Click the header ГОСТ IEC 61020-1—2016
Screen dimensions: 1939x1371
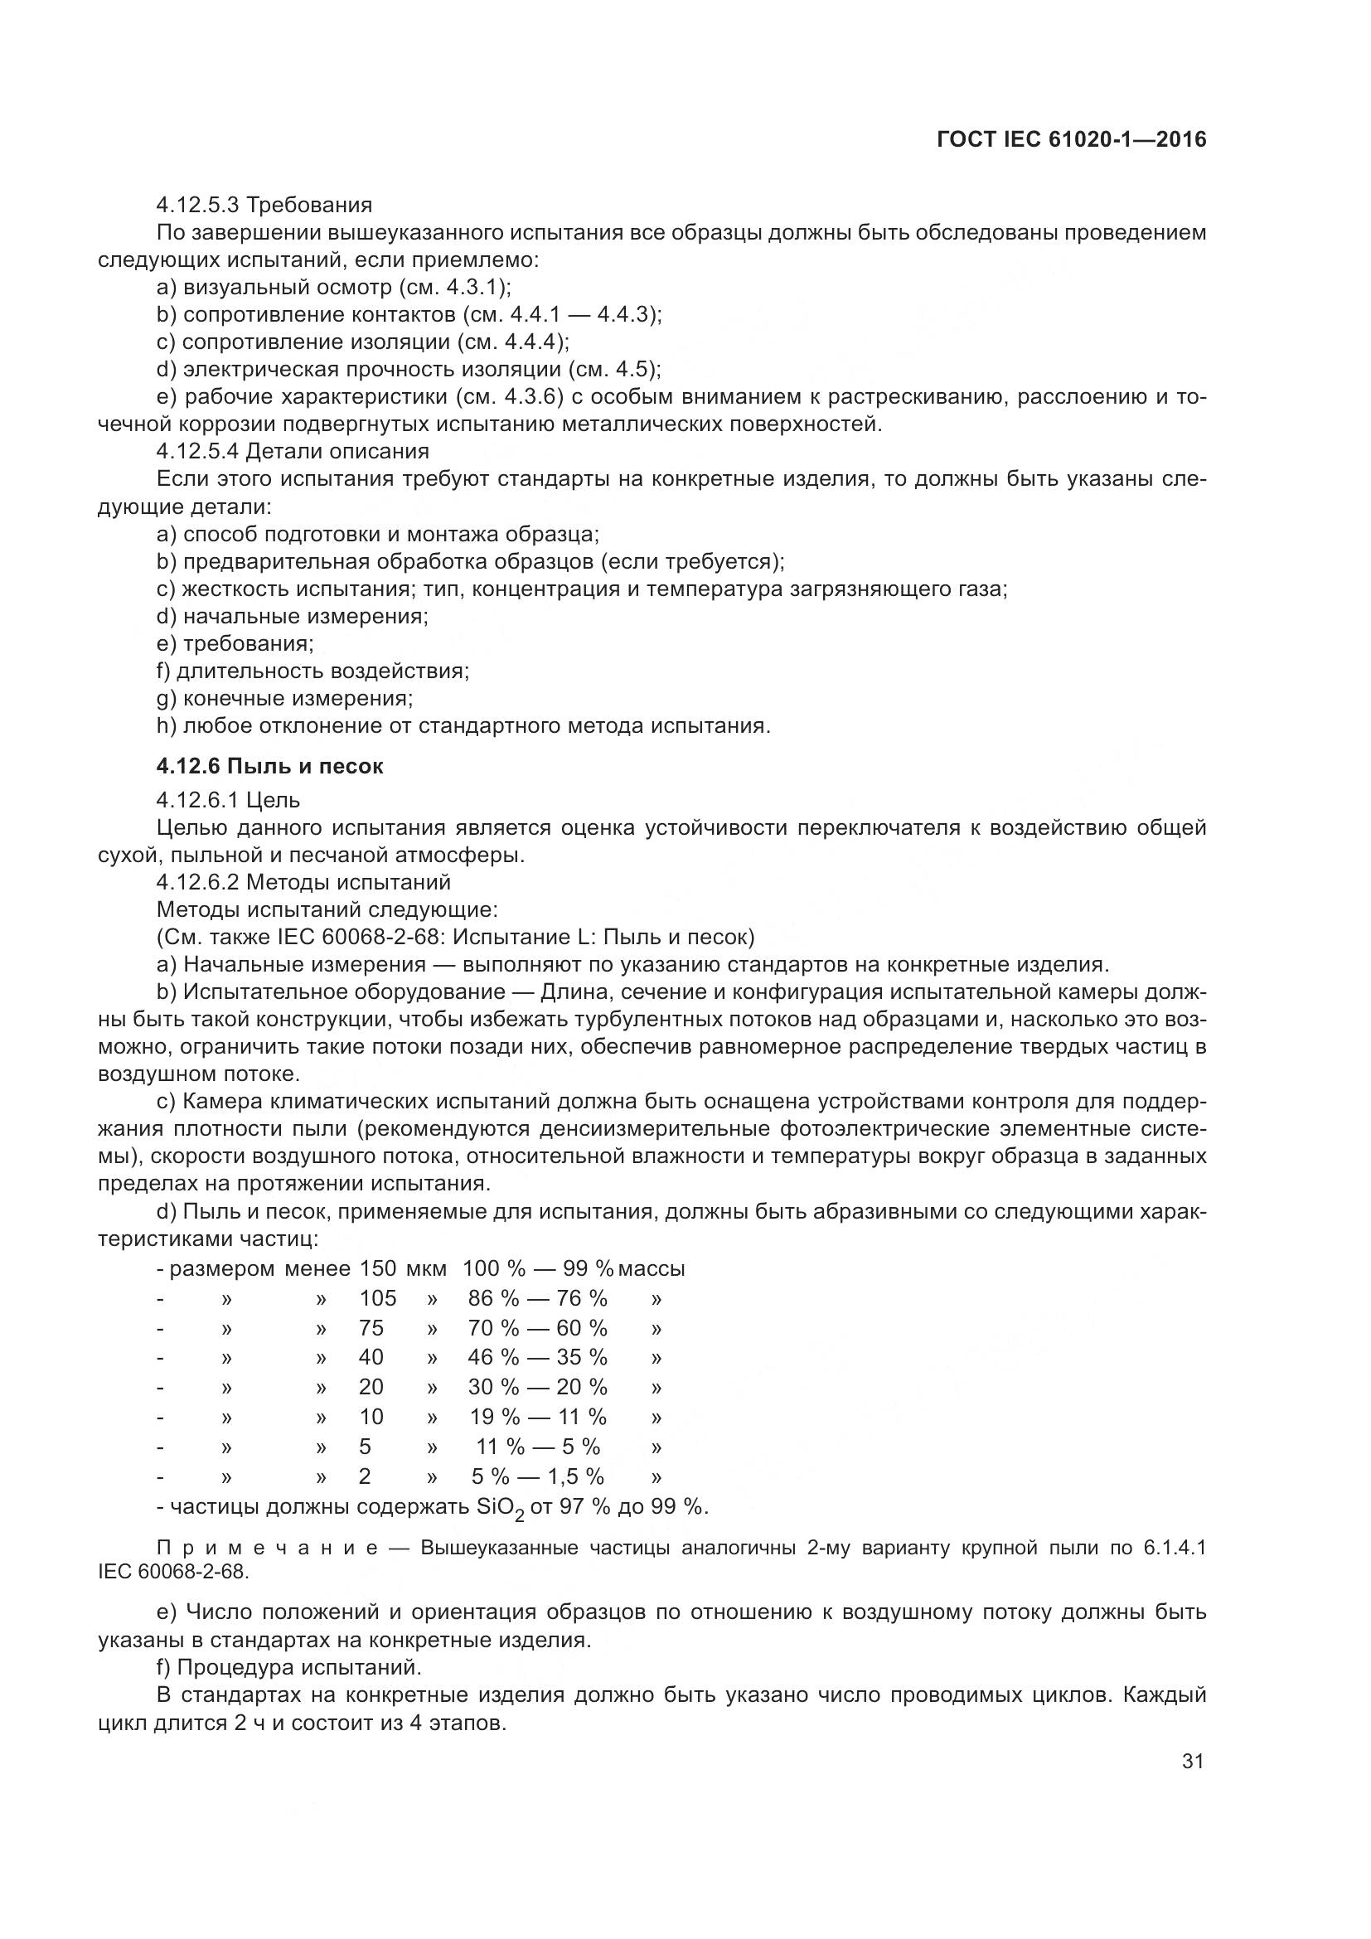coord(1071,140)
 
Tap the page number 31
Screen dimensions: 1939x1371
coord(1192,1761)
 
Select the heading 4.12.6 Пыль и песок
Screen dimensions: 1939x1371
coord(270,766)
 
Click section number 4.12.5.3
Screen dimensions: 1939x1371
coord(197,206)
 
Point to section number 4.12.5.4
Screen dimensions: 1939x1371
coord(197,452)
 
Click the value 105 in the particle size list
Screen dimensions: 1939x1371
coord(377,1298)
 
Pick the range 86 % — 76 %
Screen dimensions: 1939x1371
coord(537,1298)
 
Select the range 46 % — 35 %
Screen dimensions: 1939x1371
coord(537,1357)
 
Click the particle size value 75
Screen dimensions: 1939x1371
coord(371,1327)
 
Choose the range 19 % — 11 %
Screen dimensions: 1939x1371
coord(537,1416)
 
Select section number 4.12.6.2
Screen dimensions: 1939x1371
coord(197,883)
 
